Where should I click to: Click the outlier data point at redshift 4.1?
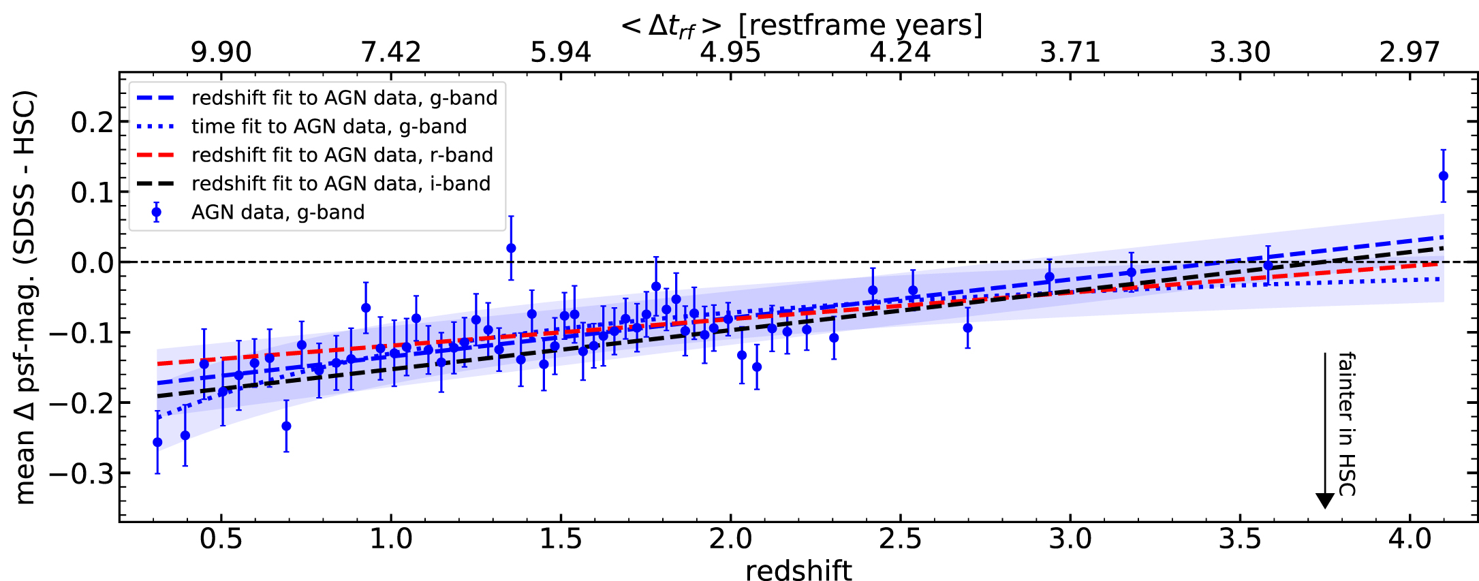point(1443,176)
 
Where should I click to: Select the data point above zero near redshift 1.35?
point(511,248)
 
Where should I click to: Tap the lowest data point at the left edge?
point(157,442)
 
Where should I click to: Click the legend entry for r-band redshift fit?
point(342,155)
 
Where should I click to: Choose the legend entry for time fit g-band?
point(329,127)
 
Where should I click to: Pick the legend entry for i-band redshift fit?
point(341,184)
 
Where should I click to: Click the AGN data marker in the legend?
point(157,213)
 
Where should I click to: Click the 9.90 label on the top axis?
point(221,52)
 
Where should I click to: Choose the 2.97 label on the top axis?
point(1410,52)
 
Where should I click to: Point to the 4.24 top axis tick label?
point(900,52)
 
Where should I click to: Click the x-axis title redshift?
point(798,570)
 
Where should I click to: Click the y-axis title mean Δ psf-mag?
point(25,298)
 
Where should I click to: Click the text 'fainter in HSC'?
point(1347,424)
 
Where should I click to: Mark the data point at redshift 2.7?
point(967,328)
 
